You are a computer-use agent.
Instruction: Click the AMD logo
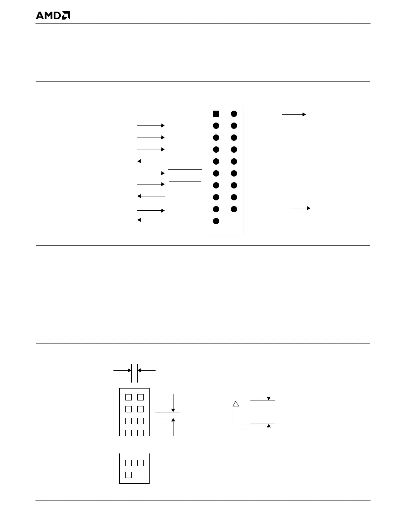(x=53, y=16)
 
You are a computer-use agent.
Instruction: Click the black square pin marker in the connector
(x=216, y=114)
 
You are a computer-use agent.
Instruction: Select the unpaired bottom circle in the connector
(x=216, y=221)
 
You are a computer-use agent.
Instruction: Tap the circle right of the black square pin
(x=234, y=114)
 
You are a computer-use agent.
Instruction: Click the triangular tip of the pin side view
(x=236, y=404)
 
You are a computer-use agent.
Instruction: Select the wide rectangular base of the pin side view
(x=236, y=427)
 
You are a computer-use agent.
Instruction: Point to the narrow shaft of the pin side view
(x=236, y=415)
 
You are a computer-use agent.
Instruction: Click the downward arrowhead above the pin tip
(x=269, y=398)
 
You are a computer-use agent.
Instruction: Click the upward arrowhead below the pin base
(x=269, y=426)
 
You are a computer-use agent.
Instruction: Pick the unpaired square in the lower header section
(x=129, y=475)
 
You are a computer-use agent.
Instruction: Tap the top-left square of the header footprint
(x=129, y=397)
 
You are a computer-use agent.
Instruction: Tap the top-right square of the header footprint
(x=140, y=397)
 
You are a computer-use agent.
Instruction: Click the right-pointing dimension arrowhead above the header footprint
(x=129, y=370)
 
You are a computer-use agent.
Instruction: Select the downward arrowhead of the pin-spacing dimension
(x=173, y=410)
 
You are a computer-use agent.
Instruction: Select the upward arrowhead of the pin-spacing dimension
(x=173, y=420)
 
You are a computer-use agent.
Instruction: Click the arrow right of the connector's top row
(x=294, y=115)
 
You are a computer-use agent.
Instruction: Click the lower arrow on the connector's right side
(x=301, y=208)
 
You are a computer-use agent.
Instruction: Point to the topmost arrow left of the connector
(x=151, y=126)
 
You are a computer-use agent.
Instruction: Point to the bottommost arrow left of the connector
(x=151, y=220)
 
